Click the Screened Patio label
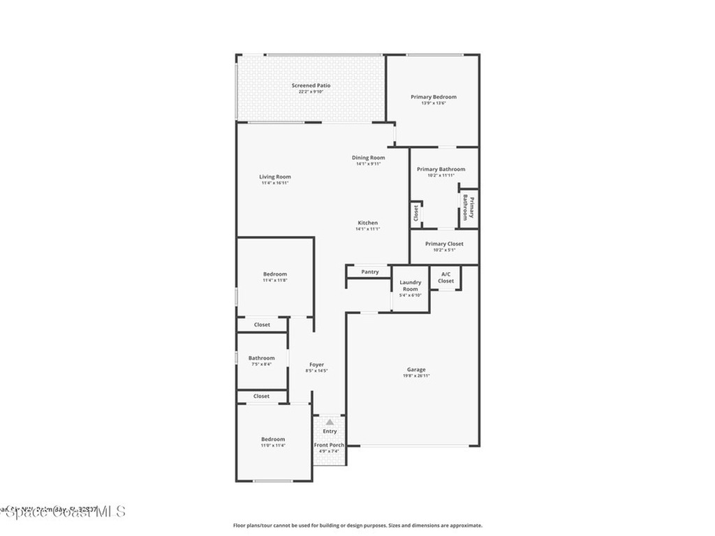point(311,86)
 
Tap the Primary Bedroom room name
point(433,97)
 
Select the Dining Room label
point(368,158)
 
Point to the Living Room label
point(275,177)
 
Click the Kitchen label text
point(368,223)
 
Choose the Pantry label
point(370,272)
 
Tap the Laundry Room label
point(411,285)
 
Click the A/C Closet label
point(445,278)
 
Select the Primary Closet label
point(444,244)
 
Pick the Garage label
point(416,370)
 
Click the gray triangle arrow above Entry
point(330,422)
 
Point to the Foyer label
point(317,364)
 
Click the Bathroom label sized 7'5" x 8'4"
point(261,359)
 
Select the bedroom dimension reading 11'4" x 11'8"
point(275,281)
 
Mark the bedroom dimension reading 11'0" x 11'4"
point(273,445)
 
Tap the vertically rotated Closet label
point(415,213)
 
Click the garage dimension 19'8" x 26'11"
point(416,376)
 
